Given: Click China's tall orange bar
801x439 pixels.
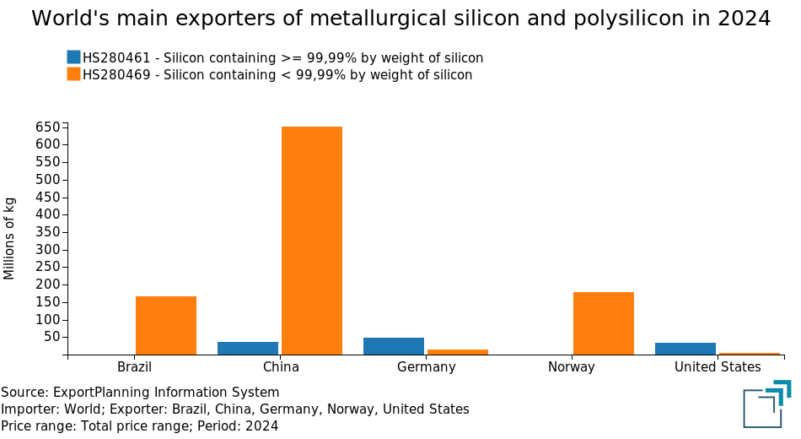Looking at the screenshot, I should click(x=311, y=241).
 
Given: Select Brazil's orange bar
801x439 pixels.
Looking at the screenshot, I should click(x=166, y=325).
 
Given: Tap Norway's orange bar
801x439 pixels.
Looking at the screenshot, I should click(x=603, y=323).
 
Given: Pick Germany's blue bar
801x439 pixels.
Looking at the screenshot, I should click(x=393, y=346).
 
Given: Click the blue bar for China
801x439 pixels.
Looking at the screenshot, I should click(x=248, y=348).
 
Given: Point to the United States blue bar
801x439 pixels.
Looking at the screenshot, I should click(x=685, y=349).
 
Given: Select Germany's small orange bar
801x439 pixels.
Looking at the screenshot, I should click(x=458, y=351).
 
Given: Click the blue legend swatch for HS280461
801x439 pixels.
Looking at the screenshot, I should click(x=73, y=57).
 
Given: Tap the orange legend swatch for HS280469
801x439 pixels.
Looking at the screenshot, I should click(x=73, y=74).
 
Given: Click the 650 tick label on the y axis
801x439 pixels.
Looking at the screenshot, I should click(x=48, y=127).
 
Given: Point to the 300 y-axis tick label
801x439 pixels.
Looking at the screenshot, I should click(x=48, y=250).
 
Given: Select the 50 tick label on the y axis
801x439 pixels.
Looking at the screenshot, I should click(x=51, y=337).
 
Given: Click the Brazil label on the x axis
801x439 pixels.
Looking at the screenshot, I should click(x=135, y=367).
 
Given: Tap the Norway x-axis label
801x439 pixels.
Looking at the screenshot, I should click(x=572, y=367).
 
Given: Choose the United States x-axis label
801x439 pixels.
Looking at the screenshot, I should click(x=718, y=367).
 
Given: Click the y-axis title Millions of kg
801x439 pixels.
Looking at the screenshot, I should click(x=10, y=238).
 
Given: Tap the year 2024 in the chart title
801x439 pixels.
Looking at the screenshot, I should click(x=745, y=19).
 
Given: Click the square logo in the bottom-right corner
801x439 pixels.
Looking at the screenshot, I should click(x=766, y=404).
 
